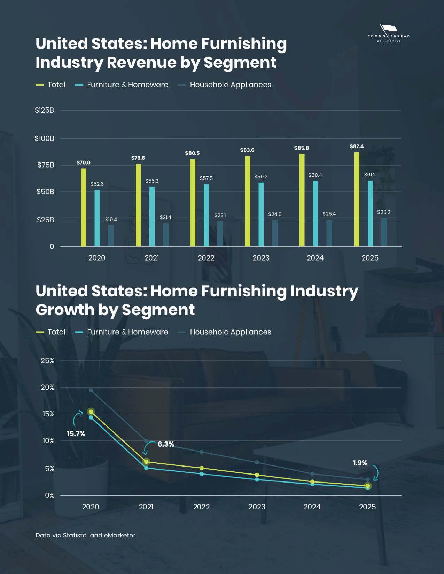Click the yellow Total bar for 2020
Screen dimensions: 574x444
tap(84, 207)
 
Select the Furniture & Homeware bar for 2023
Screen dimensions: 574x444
tap(261, 214)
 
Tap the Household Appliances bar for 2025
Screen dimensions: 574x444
tap(384, 232)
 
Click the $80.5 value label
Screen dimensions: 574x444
tap(192, 153)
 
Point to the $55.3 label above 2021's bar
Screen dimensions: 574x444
tap(152, 181)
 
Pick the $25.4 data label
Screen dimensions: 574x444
tap(329, 214)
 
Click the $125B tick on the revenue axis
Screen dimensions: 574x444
tap(45, 110)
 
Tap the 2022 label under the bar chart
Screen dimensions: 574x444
tap(206, 258)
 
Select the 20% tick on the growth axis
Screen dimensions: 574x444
tap(48, 387)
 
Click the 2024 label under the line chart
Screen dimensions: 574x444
tap(312, 507)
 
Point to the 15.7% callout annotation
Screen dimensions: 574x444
tap(76, 434)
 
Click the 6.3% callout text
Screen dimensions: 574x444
tap(166, 444)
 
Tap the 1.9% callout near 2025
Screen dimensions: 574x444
tap(360, 463)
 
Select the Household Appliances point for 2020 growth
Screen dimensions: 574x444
tap(91, 390)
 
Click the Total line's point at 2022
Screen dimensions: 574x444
tap(202, 468)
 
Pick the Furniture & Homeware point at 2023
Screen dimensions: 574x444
tap(257, 480)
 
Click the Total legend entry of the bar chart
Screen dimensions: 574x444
tap(51, 85)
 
